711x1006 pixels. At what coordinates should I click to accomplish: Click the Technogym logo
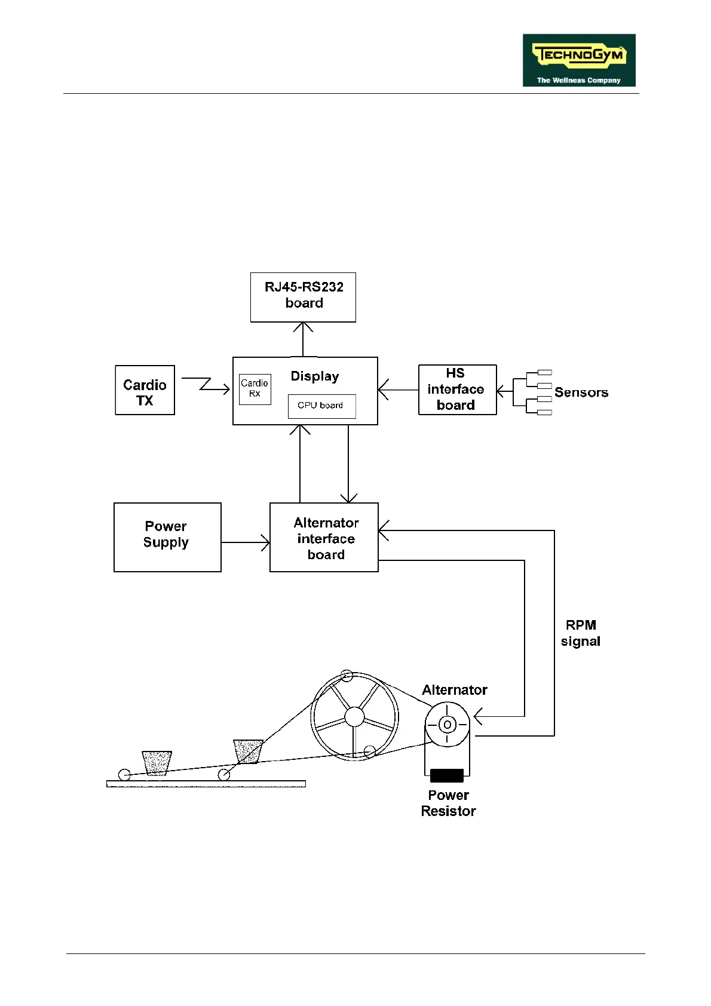[x=578, y=60]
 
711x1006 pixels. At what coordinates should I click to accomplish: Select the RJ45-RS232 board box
[x=303, y=297]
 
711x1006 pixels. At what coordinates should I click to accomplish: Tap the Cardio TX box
[x=145, y=390]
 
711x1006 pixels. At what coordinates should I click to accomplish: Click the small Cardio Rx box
[x=255, y=389]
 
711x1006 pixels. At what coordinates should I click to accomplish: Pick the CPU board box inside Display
[x=321, y=406]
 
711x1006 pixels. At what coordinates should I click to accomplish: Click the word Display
[x=314, y=376]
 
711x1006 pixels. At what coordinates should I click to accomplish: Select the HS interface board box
[x=457, y=389]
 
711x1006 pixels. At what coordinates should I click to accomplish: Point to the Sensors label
[x=581, y=392]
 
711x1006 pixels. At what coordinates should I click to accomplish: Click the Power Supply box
[x=167, y=537]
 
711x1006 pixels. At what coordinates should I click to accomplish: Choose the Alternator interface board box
[x=324, y=537]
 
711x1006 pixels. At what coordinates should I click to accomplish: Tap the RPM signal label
[x=580, y=633]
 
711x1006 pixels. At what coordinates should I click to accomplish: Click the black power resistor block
[x=446, y=775]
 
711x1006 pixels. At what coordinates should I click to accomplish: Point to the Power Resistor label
[x=448, y=803]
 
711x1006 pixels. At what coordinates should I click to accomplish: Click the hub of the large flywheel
[x=354, y=716]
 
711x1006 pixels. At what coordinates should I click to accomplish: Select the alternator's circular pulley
[x=447, y=724]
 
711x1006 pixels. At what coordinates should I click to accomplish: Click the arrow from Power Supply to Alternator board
[x=245, y=542]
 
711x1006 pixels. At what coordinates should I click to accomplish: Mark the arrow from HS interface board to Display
[x=398, y=390]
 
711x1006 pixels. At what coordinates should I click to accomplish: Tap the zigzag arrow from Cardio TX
[x=206, y=384]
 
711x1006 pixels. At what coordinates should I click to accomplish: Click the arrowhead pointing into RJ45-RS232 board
[x=303, y=327]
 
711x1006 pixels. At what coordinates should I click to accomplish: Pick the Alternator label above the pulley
[x=455, y=690]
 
